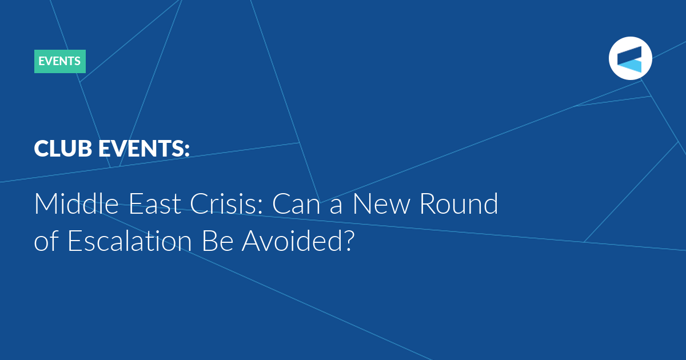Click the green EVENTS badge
click(x=60, y=61)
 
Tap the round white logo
click(x=630, y=58)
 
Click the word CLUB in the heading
click(x=63, y=149)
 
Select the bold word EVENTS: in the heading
click(x=144, y=149)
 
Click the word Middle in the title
click(x=77, y=203)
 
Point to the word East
click(x=155, y=203)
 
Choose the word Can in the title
click(x=296, y=203)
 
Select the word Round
click(x=458, y=203)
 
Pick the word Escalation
click(x=130, y=241)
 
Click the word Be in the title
click(x=217, y=241)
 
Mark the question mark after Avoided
click(x=349, y=241)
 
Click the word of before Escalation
click(x=46, y=241)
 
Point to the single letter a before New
click(x=336, y=207)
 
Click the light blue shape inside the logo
click(x=629, y=66)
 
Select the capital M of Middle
click(x=45, y=203)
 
